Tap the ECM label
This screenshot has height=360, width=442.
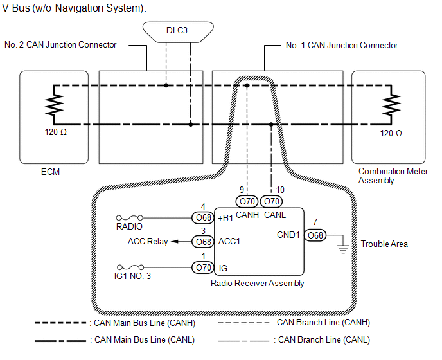[49, 172]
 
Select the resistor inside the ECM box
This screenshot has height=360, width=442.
[55, 104]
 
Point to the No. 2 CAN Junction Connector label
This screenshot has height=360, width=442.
[60, 45]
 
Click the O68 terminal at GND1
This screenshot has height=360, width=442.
[315, 235]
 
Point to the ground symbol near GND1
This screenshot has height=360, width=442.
[342, 247]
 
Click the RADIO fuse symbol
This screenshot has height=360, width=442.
[129, 218]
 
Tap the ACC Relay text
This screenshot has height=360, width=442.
[148, 242]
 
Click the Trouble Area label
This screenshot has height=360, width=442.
[384, 244]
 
